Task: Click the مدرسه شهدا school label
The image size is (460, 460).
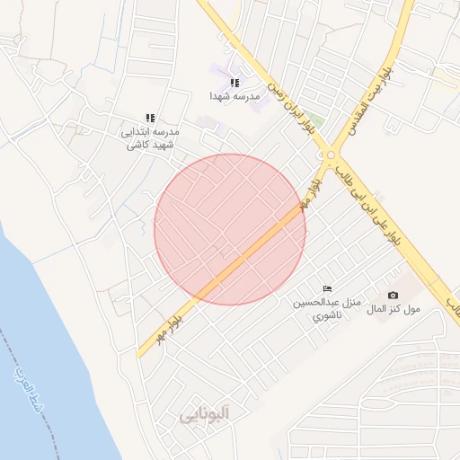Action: point(234,95)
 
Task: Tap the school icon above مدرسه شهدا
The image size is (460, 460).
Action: point(234,83)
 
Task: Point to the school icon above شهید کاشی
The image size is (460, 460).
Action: point(151,118)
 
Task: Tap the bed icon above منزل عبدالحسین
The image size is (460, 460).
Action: point(327,288)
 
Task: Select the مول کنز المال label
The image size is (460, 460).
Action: point(393,309)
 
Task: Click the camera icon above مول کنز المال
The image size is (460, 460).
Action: point(393,295)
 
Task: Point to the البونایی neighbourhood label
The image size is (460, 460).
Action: point(204,414)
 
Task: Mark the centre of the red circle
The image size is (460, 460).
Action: point(230,229)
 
